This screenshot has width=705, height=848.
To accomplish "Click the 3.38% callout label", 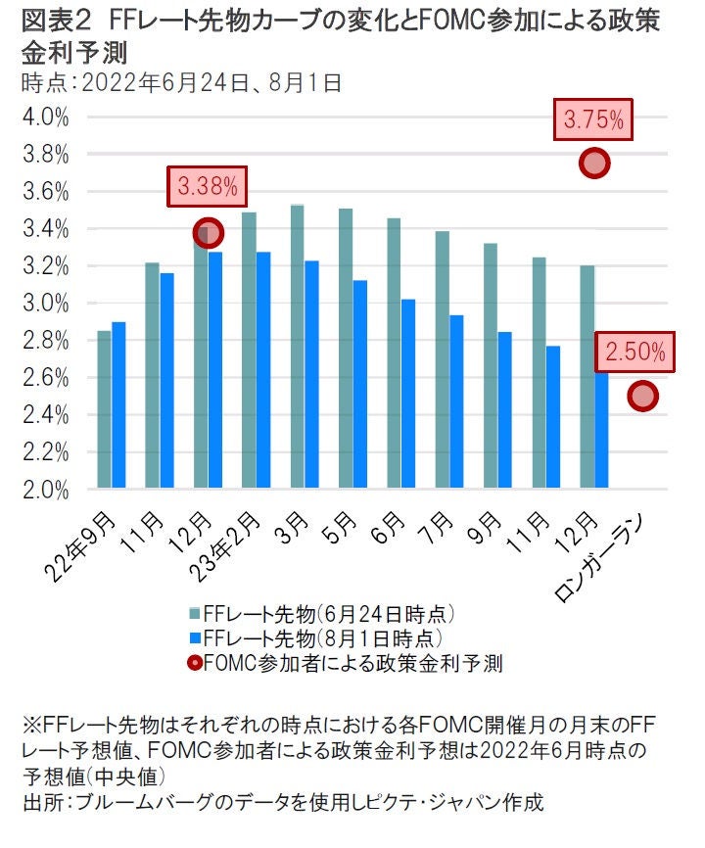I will point(207,187).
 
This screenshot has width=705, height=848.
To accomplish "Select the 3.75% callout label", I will point(593,120).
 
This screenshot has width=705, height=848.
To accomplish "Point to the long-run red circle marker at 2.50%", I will point(642,396).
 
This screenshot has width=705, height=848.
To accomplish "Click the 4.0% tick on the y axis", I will point(45,118).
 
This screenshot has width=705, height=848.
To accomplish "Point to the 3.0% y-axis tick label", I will point(45,304).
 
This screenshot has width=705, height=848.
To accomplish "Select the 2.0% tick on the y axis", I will point(45,490).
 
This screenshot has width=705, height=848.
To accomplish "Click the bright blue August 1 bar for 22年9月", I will point(118,405).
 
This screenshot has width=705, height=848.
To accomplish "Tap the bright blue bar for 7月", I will point(456,401).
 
